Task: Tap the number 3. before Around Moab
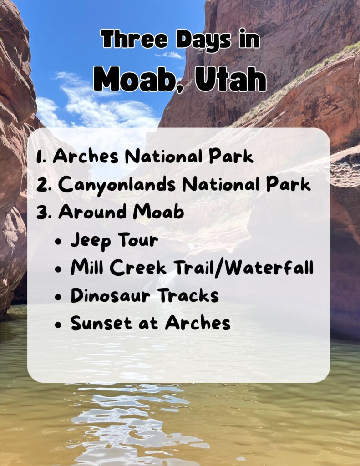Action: [x=44, y=212]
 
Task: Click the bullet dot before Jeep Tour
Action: [x=58, y=241]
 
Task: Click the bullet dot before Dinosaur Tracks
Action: [x=58, y=296]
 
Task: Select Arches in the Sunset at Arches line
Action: [x=198, y=324]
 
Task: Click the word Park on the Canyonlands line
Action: [x=289, y=184]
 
